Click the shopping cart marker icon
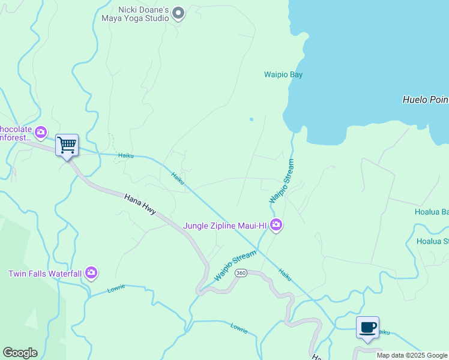[67, 144]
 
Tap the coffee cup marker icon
[367, 327]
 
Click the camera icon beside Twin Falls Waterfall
[91, 274]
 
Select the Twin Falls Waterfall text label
[44, 274]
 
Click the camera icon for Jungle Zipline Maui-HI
[276, 226]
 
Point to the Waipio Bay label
[283, 75]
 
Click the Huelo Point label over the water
[425, 100]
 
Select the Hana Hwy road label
[140, 205]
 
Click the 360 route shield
[241, 273]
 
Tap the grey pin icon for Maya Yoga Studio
[178, 13]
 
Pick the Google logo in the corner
[20, 353]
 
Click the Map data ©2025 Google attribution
[412, 355]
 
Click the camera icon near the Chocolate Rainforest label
[41, 131]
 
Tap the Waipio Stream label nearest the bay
[282, 181]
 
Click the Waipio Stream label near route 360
[235, 267]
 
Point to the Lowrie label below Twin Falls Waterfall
[116, 289]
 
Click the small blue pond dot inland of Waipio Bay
[251, 119]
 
